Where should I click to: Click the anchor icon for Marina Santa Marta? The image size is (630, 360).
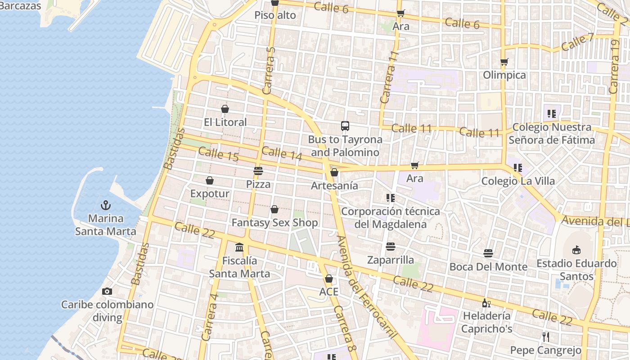point(105,206)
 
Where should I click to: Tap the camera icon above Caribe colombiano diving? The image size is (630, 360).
point(107,291)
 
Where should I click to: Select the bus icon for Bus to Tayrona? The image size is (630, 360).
point(345,126)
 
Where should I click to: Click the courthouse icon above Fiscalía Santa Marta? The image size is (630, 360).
point(239,247)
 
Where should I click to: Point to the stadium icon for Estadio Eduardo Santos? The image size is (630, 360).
point(576,250)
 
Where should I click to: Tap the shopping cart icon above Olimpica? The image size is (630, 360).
point(504,62)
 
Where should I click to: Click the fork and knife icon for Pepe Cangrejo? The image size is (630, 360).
point(545,337)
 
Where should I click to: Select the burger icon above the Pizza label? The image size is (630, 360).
point(258,171)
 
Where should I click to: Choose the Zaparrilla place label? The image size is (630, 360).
point(390,260)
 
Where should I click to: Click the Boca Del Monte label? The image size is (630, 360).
point(488,266)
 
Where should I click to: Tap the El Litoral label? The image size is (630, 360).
point(225,122)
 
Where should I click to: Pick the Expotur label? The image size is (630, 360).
point(210,193)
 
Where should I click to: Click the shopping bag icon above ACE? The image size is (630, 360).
point(329,279)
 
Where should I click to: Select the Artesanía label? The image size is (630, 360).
point(334,185)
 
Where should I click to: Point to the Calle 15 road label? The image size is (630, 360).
point(218,154)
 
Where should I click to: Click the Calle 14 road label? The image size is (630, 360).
point(282,153)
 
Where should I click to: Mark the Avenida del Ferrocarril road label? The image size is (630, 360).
point(367,287)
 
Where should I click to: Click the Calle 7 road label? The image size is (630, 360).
point(578,42)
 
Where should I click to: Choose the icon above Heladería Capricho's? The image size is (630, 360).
point(486,303)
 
